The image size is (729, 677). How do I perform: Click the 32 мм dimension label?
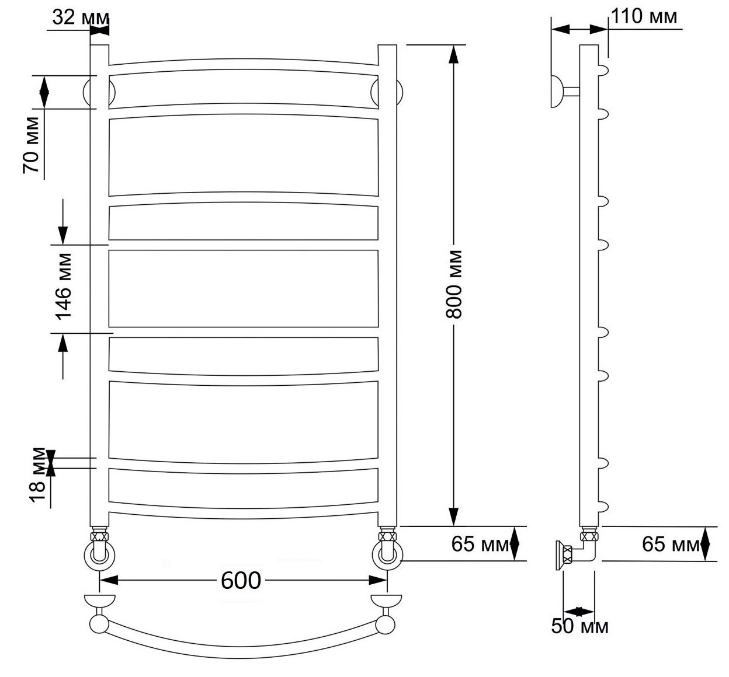(x=81, y=18)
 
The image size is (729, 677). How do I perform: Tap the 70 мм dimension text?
(x=31, y=145)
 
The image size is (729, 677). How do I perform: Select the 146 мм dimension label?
(x=63, y=287)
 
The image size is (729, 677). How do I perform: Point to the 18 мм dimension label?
(x=38, y=474)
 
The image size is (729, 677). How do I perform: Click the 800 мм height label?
(x=453, y=284)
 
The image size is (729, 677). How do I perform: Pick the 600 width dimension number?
(x=241, y=581)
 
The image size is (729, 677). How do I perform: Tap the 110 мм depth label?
(x=644, y=16)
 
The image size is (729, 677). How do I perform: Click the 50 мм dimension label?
(x=579, y=626)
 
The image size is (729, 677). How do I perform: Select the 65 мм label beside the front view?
(x=480, y=544)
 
